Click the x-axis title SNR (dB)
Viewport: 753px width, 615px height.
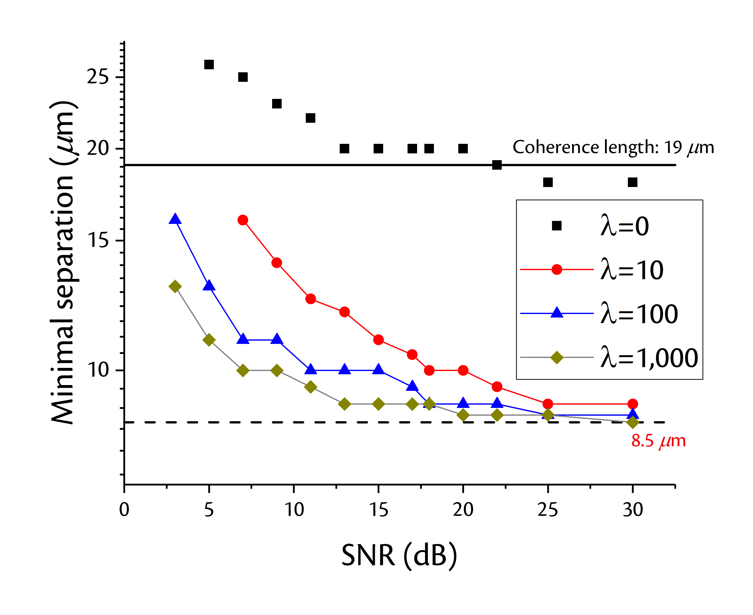(x=399, y=556)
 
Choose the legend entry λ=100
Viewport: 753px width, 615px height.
(x=599, y=314)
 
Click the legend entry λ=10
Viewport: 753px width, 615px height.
(x=592, y=270)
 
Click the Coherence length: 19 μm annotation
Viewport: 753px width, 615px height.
(x=613, y=147)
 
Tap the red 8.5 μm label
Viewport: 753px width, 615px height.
(x=658, y=441)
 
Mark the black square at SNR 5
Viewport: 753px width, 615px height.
(x=209, y=65)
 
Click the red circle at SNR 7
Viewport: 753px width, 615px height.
(x=243, y=220)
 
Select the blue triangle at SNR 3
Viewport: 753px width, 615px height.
(x=175, y=219)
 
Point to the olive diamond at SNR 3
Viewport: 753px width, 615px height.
(x=175, y=286)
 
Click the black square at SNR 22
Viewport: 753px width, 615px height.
(x=497, y=165)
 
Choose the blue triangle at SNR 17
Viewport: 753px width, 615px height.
(x=412, y=386)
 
